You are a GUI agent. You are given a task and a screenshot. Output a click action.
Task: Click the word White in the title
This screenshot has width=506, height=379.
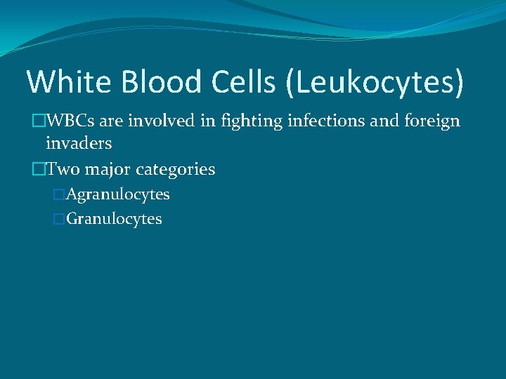click(x=68, y=81)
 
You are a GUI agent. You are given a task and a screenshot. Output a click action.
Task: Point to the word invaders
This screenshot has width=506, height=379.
click(x=79, y=143)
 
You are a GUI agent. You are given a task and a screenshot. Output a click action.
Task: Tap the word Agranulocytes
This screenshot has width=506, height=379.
click(x=117, y=194)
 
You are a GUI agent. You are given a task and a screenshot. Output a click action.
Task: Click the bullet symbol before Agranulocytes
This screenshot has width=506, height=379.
click(x=59, y=194)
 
